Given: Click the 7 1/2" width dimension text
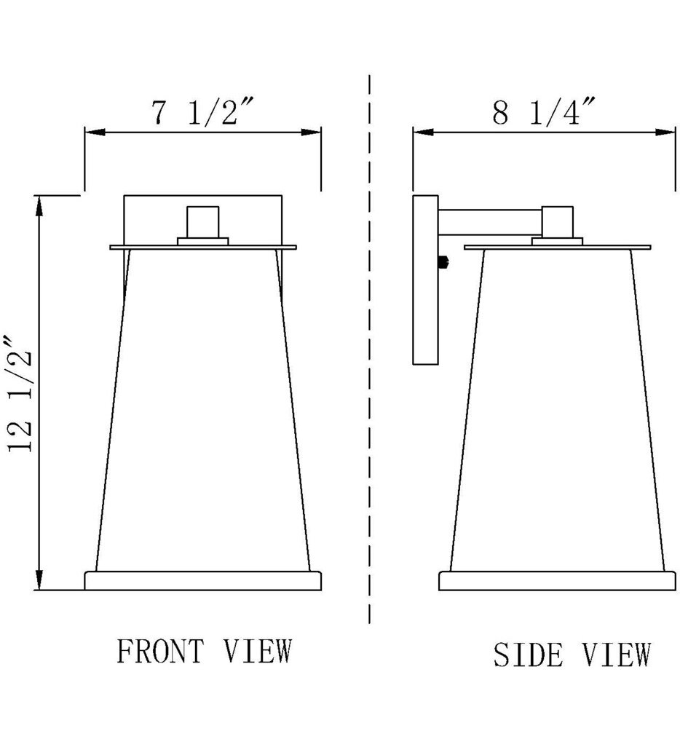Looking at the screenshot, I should [202, 112].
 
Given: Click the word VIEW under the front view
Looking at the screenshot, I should [257, 652].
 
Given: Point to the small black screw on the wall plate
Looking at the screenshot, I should [443, 263].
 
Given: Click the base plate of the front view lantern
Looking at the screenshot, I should [202, 580].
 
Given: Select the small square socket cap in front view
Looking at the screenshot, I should [202, 221].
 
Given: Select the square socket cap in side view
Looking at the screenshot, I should [558, 222].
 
